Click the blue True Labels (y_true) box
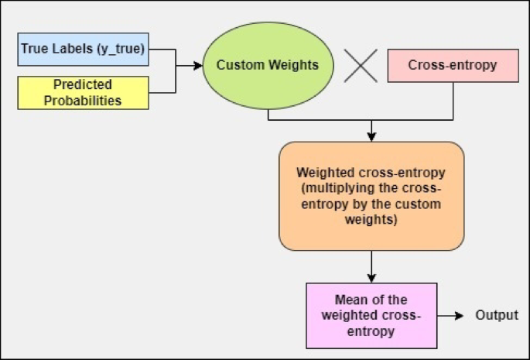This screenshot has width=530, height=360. click(x=82, y=50)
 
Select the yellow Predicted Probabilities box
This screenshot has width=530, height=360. click(x=82, y=92)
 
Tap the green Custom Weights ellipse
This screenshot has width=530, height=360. click(x=267, y=66)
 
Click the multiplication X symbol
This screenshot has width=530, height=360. click(x=360, y=66)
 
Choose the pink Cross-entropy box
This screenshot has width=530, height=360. click(x=452, y=66)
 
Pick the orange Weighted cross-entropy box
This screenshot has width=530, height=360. click(x=371, y=196)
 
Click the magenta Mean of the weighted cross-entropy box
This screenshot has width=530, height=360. click(x=371, y=316)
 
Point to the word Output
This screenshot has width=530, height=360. click(x=497, y=316)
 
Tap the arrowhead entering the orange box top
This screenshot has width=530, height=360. click(x=371, y=137)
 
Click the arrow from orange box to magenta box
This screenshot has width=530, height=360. click(x=371, y=266)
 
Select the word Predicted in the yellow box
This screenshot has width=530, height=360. click(x=83, y=84)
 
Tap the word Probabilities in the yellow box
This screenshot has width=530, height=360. click(x=83, y=100)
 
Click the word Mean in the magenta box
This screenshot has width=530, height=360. click(x=349, y=300)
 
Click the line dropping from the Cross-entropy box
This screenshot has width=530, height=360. click(x=453, y=101)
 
